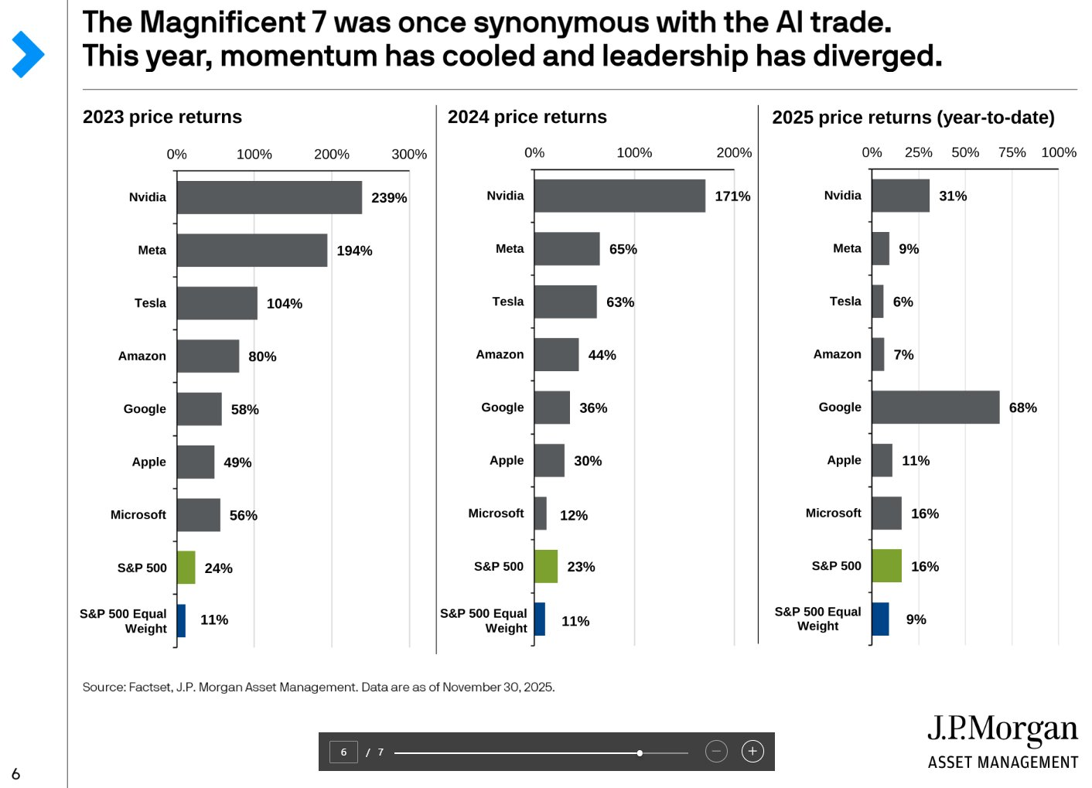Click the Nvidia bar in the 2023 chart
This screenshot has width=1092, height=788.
coord(269,197)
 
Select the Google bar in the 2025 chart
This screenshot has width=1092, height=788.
coord(935,407)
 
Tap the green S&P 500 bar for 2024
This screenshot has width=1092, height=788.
coord(546,567)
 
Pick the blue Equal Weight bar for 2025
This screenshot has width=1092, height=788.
coord(880,619)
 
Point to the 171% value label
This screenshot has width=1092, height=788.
coord(732,196)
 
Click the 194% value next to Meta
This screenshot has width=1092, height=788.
coord(354,251)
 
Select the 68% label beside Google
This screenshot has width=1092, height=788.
coord(1022,408)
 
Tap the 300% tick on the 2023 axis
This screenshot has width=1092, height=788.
coord(409,154)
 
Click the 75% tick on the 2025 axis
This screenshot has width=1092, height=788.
coord(1012,152)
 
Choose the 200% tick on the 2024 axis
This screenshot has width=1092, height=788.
coord(734,152)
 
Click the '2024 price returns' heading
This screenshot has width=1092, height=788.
coord(527,117)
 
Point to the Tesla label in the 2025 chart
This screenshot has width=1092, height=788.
coord(845,301)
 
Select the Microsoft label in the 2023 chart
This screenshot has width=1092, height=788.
coord(138,514)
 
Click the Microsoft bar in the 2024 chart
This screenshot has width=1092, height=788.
coord(541,513)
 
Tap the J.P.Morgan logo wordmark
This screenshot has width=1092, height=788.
coord(1002,729)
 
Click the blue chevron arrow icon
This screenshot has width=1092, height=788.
coord(28,54)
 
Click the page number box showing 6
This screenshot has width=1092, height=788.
coord(343,752)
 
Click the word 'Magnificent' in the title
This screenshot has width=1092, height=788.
coord(223,22)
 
